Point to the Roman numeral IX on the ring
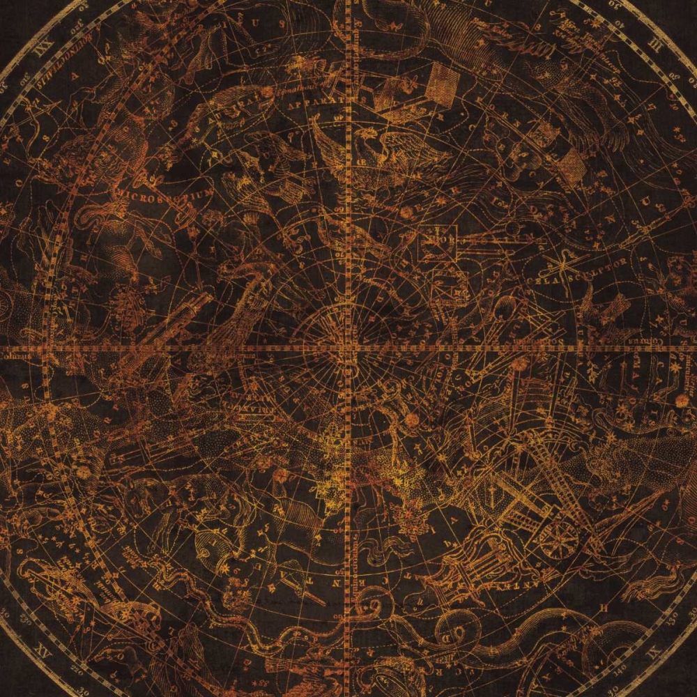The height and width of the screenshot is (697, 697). (654, 653)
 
